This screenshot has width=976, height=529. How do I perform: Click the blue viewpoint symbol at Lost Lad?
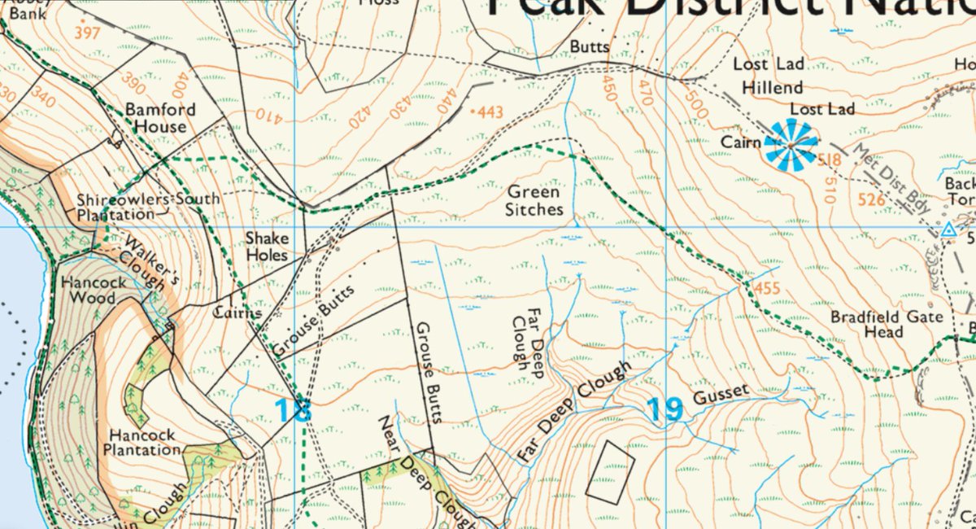click(791, 145)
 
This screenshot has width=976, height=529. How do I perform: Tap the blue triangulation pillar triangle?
click(947, 231)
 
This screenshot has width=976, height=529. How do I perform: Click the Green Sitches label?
click(534, 201)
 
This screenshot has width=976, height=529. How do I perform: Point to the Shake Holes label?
click(267, 247)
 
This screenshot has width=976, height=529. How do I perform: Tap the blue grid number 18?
click(293, 410)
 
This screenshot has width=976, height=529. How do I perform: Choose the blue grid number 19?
click(664, 409)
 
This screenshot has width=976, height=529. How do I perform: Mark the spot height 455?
click(767, 288)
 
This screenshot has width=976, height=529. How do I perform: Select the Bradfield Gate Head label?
click(874, 324)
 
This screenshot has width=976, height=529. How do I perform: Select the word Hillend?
click(773, 87)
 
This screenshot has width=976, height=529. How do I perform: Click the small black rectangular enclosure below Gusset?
click(610, 471)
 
